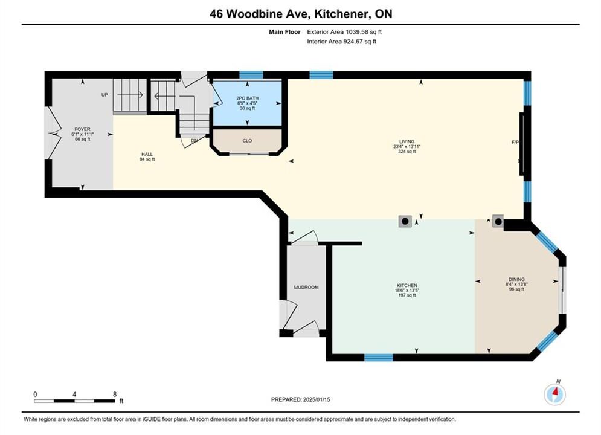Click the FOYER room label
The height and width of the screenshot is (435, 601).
coord(82,129)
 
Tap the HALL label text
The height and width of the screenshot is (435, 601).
coord(147,155)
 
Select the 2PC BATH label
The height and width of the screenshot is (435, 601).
coord(247,98)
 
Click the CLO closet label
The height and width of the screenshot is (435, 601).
coord(247,141)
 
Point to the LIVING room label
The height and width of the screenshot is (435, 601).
coord(407,141)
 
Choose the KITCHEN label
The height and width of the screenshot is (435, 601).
coord(407,286)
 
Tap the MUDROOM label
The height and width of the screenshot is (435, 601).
coord(306,288)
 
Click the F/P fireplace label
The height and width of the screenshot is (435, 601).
coord(515,142)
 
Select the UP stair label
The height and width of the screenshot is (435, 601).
coord(104,95)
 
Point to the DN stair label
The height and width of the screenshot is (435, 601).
coord(194,141)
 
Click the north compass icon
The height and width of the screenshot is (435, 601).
coord(554,393)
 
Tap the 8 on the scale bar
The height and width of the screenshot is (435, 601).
coord(115,395)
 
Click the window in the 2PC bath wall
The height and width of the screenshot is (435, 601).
coord(251,75)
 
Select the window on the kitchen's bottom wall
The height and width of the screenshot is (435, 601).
coord(378,358)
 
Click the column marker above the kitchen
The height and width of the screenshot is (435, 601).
coord(405,222)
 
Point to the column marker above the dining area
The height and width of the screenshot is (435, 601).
coord(498,221)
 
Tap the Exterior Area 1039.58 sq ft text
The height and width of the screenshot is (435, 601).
coord(344,32)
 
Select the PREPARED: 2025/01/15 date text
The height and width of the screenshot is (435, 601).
coord(301,399)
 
